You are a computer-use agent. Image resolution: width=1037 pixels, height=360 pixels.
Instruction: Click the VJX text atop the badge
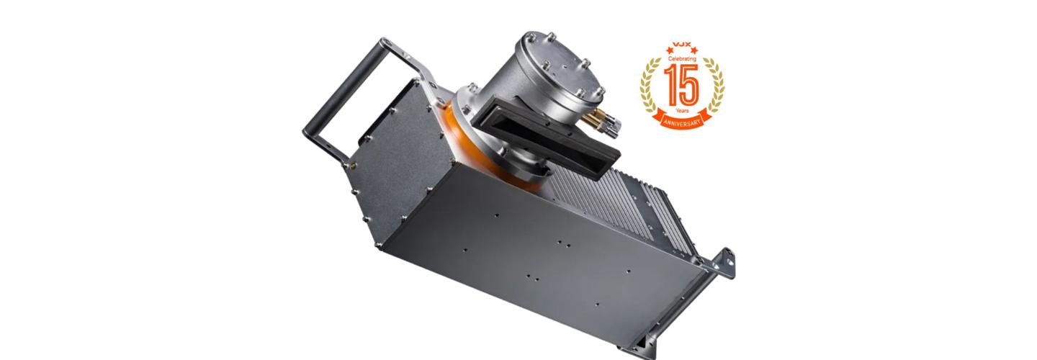point(682,45)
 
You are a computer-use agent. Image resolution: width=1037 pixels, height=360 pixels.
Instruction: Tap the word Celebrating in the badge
point(682,59)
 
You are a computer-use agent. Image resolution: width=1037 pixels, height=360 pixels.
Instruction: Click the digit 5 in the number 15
point(690,84)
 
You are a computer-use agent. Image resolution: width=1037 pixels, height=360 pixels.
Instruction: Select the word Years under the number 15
point(682,111)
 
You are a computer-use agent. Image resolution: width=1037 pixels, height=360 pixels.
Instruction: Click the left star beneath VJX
point(670,49)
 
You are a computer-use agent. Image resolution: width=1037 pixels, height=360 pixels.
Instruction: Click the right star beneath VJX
point(693,49)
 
